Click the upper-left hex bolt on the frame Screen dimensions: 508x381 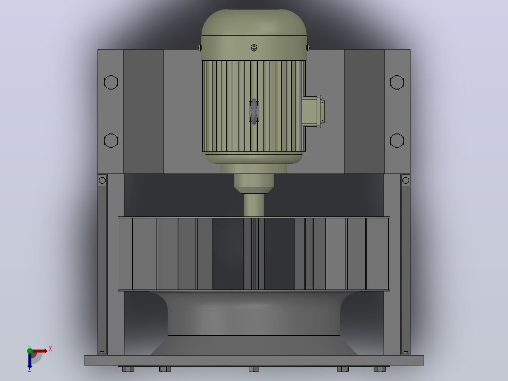pos(111,83)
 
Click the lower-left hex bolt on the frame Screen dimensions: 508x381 pos(111,141)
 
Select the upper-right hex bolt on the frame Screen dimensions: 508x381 pos(397,83)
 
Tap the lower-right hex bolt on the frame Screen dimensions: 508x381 pos(397,141)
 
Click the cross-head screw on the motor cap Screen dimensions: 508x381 pos(254,48)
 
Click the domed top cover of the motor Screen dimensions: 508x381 pos(254,22)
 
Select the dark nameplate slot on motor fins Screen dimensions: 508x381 pos(254,112)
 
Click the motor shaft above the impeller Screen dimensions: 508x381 pos(254,205)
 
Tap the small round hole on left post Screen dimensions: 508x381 pos(102,180)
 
